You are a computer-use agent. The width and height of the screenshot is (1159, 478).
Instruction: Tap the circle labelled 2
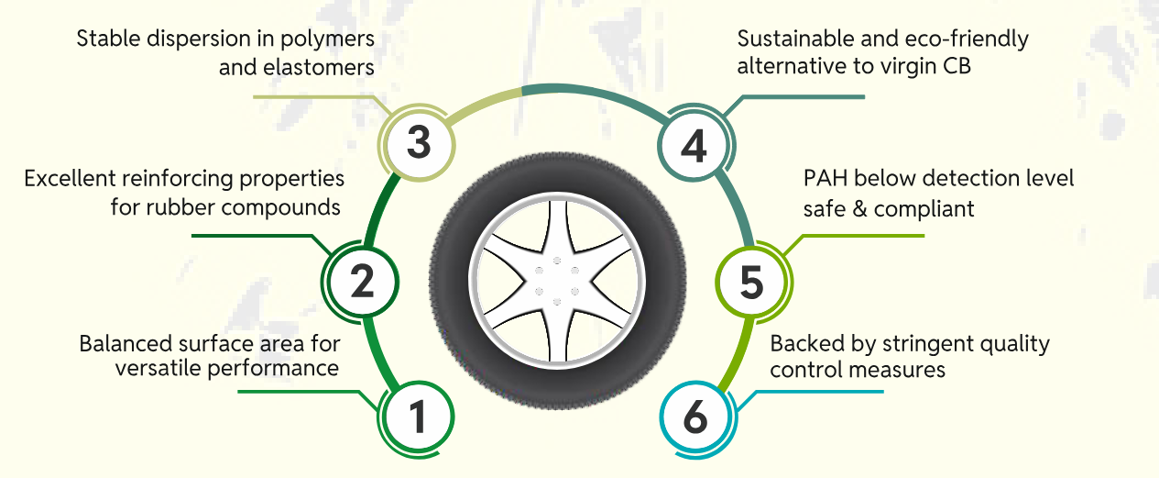pyautogui.click(x=363, y=282)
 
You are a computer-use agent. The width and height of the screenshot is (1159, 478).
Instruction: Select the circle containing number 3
pyautogui.click(x=418, y=144)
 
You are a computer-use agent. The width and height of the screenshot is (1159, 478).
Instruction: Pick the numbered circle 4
pyautogui.click(x=694, y=144)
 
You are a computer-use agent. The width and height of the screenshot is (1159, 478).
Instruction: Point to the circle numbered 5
pyautogui.click(x=750, y=283)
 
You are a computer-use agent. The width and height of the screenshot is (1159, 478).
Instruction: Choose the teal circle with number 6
pyautogui.click(x=695, y=418)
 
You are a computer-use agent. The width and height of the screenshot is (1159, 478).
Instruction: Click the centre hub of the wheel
pyautogui.click(x=556, y=276)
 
